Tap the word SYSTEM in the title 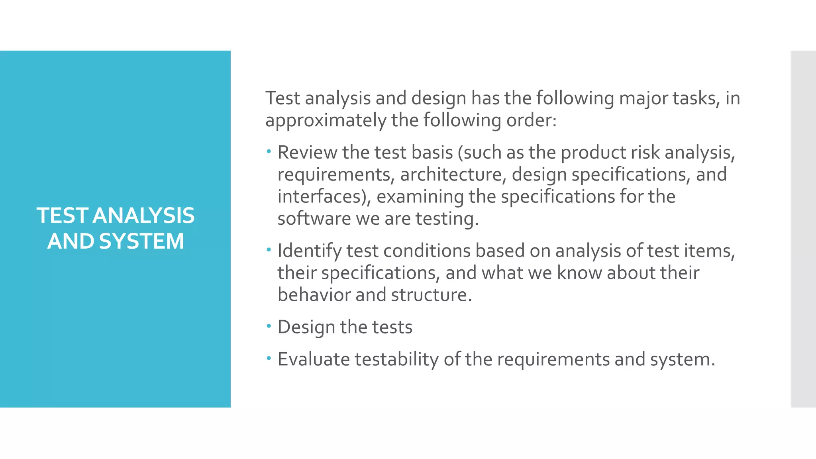[x=141, y=241]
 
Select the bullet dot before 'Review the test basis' [x=269, y=151]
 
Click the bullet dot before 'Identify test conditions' [x=269, y=250]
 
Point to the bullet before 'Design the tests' [x=269, y=326]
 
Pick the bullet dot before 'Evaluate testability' [x=269, y=359]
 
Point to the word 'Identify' [x=310, y=251]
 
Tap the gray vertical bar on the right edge [x=803, y=229]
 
